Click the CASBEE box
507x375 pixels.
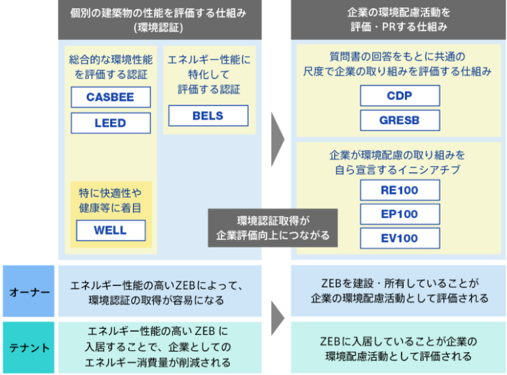(111, 97)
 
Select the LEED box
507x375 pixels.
(111, 123)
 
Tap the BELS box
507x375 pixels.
(208, 116)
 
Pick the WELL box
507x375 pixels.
(111, 230)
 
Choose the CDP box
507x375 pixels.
(400, 96)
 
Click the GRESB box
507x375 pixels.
(400, 121)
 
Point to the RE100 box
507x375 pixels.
(400, 190)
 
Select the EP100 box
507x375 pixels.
(400, 214)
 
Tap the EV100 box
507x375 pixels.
(400, 239)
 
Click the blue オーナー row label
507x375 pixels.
(28, 291)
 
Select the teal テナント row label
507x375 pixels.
(28, 347)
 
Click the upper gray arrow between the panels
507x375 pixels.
(278, 139)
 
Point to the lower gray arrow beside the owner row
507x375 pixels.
(278, 318)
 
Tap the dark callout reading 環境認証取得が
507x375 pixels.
(273, 228)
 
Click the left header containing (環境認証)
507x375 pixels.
(160, 20)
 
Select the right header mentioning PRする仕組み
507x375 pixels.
(398, 20)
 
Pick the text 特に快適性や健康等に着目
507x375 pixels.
(110, 201)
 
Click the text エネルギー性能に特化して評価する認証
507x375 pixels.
(209, 74)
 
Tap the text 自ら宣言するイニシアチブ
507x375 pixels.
(397, 170)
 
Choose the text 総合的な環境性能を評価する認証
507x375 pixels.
(111, 67)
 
